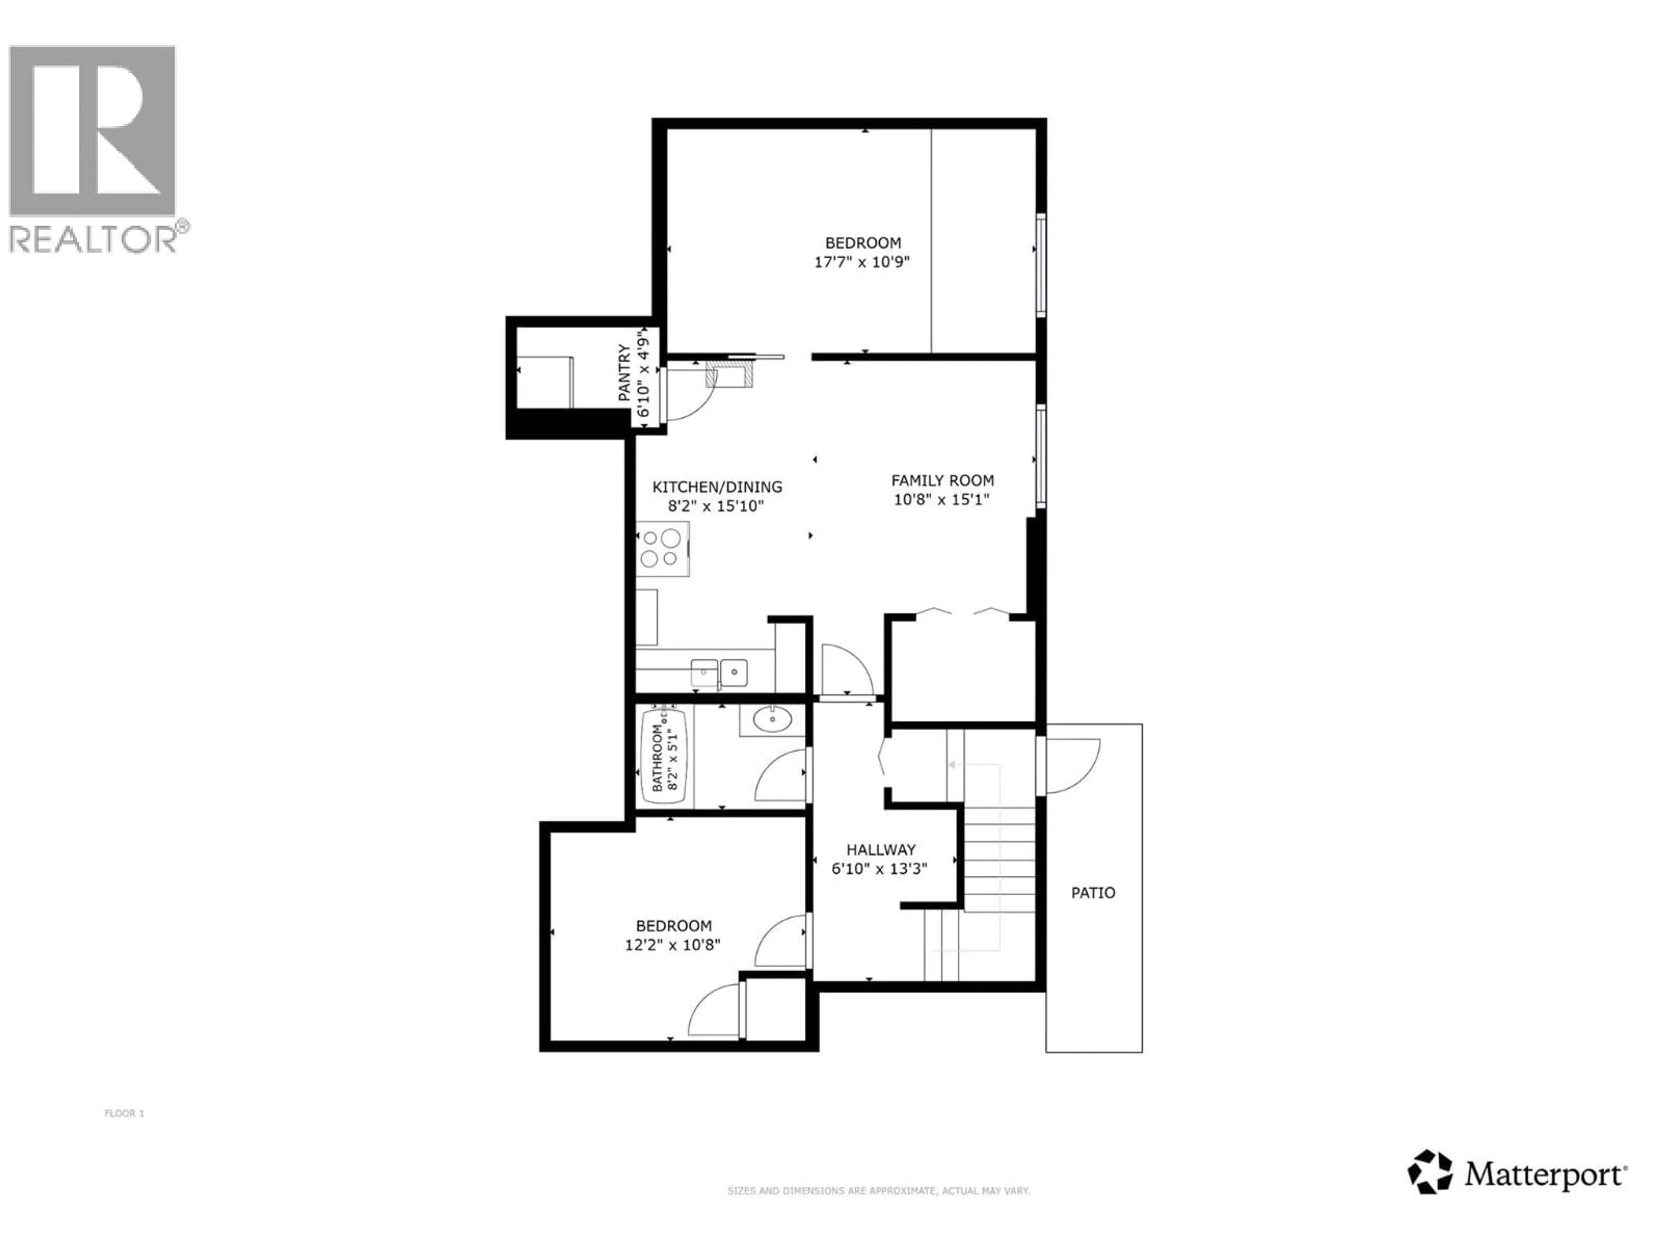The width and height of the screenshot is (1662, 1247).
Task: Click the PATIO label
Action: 1092,893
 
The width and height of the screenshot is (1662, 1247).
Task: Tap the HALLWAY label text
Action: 881,850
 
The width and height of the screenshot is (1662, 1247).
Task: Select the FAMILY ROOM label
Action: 942,480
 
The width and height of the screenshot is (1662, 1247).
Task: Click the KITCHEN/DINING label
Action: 717,487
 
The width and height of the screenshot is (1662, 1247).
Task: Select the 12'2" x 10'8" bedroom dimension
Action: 673,945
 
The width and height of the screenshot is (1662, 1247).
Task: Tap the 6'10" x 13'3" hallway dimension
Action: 879,869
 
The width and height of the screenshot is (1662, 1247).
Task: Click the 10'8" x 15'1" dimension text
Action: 941,499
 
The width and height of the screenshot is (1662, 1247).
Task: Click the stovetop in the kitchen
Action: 661,548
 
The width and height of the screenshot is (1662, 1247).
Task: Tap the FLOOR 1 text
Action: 124,1113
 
